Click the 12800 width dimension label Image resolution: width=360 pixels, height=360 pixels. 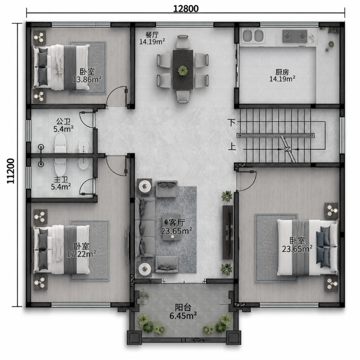pyautogui.click(x=185, y=9)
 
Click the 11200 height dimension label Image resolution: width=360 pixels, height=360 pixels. pyautogui.click(x=10, y=171)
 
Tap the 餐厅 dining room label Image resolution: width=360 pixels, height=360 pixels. pyautogui.click(x=152, y=35)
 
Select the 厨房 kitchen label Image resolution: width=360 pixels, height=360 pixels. pyautogui.click(x=282, y=72)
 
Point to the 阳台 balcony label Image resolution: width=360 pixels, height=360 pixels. pyautogui.click(x=183, y=307)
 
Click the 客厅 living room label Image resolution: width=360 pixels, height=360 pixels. pyautogui.click(x=177, y=222)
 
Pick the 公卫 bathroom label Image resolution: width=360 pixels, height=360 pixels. pyautogui.click(x=63, y=121)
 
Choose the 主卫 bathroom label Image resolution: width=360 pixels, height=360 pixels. pyautogui.click(x=61, y=180)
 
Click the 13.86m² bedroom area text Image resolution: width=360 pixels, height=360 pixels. pyautogui.click(x=87, y=80)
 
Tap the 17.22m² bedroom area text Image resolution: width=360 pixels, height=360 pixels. pyautogui.click(x=81, y=254)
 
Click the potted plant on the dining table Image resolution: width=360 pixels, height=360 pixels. pyautogui.click(x=183, y=71)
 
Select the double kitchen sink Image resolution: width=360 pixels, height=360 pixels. pyautogui.click(x=253, y=36)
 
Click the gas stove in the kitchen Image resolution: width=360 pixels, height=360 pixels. pyautogui.click(x=295, y=36)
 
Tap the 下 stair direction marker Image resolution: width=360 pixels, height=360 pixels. pyautogui.click(x=232, y=122)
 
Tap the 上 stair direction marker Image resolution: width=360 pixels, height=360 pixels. pyautogui.click(x=232, y=146)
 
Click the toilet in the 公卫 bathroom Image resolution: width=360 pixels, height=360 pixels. pyautogui.click(x=60, y=143)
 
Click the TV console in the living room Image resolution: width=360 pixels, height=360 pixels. pyautogui.click(x=228, y=232)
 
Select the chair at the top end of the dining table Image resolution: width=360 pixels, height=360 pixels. pyautogui.click(x=183, y=42)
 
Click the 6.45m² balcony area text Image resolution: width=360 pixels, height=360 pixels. pyautogui.click(x=183, y=316)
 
